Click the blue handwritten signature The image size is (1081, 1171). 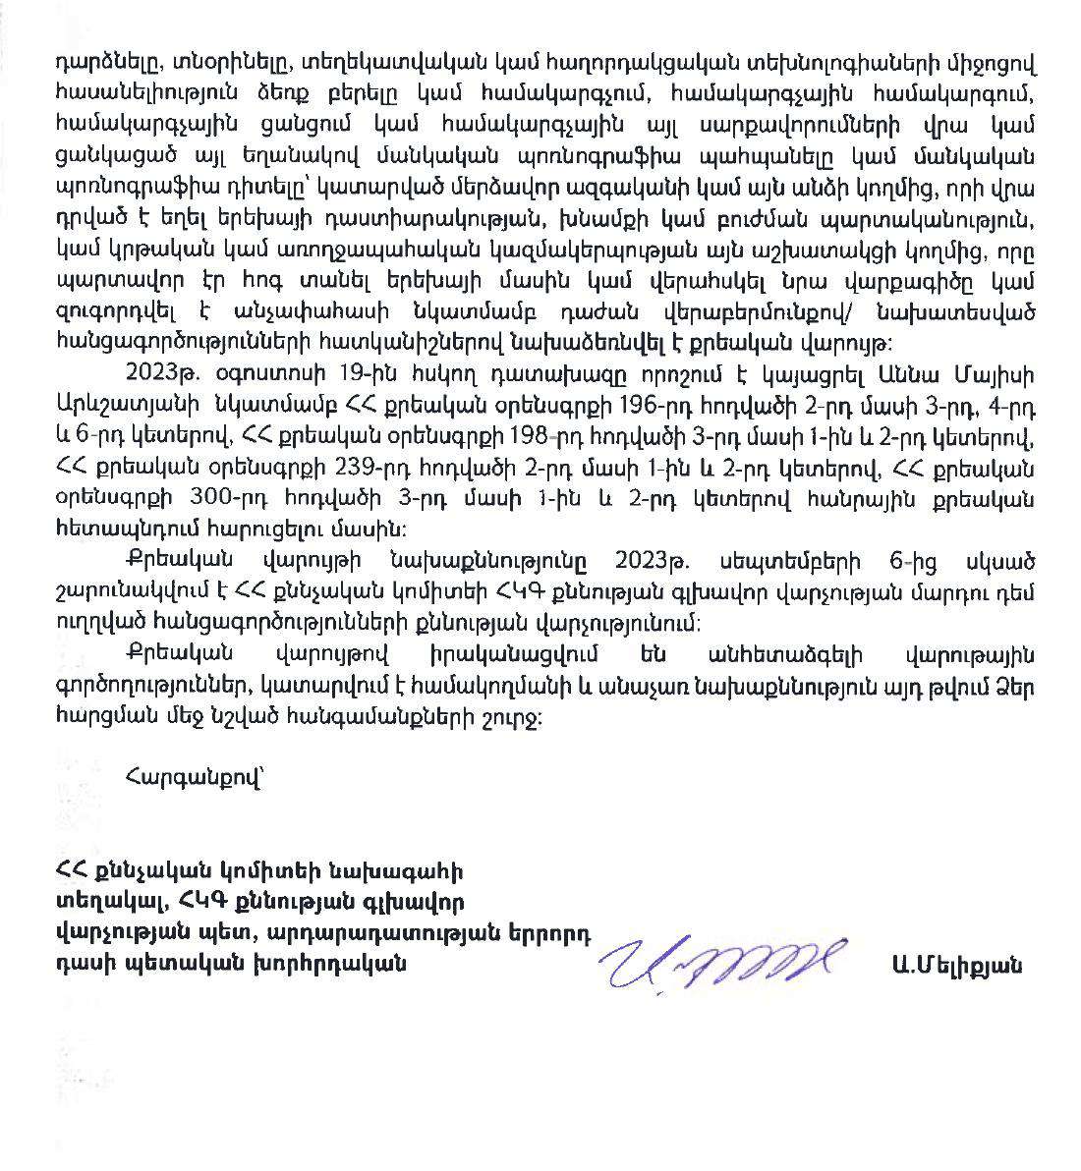[x=722, y=960]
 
